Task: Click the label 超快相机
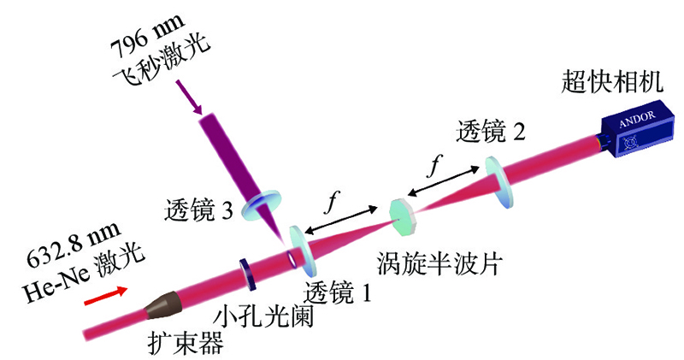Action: [612, 81]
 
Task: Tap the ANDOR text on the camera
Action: [637, 119]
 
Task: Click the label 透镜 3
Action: [198, 209]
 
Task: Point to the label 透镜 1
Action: [338, 292]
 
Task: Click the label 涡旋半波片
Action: [440, 263]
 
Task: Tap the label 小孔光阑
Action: [263, 316]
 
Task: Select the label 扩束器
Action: [186, 342]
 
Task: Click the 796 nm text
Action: [147, 35]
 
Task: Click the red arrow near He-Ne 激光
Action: [106, 295]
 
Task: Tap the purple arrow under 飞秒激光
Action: [189, 97]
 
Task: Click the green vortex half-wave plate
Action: [403, 218]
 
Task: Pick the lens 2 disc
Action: [498, 182]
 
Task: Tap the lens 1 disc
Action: [303, 251]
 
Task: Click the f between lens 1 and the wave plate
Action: [332, 203]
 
